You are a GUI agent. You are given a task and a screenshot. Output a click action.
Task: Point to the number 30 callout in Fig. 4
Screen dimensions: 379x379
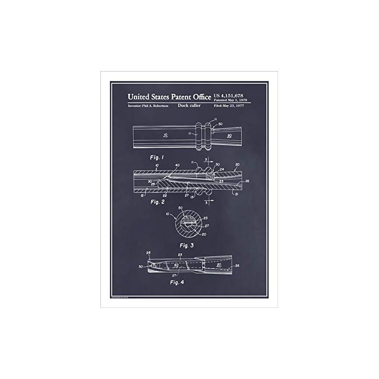point(141,267)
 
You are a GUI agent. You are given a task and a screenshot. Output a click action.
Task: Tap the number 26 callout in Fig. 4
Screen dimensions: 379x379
point(238,266)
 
